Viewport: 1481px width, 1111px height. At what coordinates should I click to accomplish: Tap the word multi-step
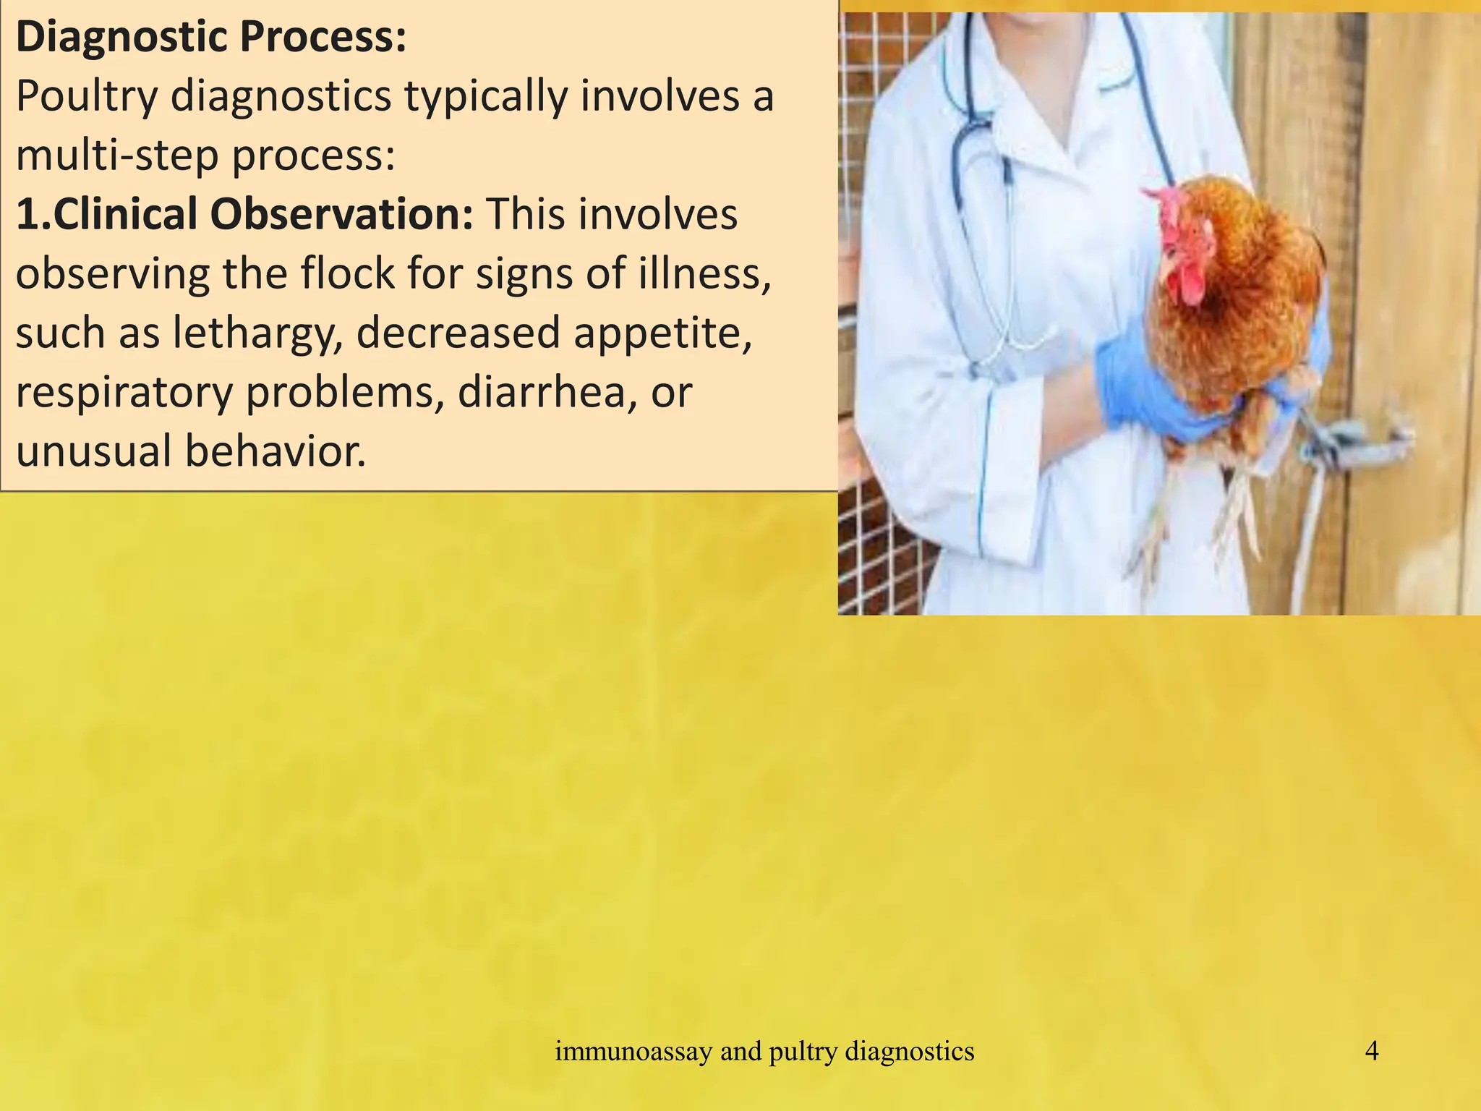click(117, 156)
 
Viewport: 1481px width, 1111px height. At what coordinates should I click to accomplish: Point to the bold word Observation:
click(341, 215)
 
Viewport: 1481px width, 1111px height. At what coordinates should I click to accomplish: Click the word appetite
click(657, 333)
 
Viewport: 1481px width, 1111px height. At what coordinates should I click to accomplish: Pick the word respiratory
click(124, 393)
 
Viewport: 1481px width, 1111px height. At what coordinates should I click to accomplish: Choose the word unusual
click(93, 451)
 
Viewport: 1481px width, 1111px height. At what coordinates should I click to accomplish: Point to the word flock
click(346, 274)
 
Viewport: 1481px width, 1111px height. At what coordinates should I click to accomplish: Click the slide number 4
click(1371, 1051)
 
